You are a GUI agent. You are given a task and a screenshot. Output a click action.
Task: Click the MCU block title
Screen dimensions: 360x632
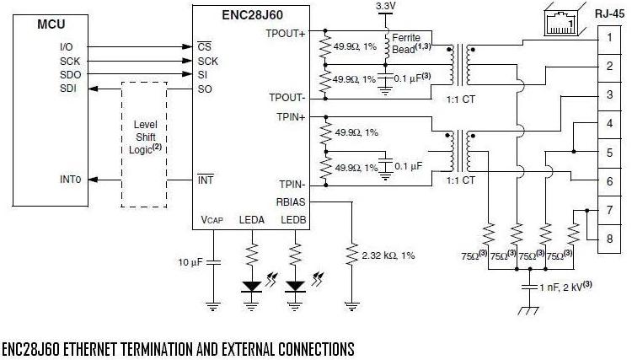(51, 24)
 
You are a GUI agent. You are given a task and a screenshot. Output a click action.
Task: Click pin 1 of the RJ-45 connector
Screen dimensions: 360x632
(608, 38)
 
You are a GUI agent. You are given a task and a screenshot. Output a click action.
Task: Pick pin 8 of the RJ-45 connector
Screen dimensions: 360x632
(608, 239)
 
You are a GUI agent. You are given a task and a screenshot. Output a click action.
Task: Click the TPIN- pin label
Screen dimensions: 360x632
(290, 185)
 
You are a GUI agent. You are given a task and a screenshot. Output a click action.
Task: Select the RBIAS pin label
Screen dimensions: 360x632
(291, 201)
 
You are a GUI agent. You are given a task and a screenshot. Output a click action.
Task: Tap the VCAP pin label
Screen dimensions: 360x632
(212, 219)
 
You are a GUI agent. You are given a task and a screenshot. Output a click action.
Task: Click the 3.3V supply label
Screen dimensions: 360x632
(385, 8)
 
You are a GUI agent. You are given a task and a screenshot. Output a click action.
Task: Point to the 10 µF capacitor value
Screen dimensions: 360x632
(191, 262)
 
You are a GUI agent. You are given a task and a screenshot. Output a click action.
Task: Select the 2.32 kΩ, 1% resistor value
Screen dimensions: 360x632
(388, 255)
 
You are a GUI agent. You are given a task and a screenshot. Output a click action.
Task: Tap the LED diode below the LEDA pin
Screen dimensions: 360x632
(251, 286)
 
